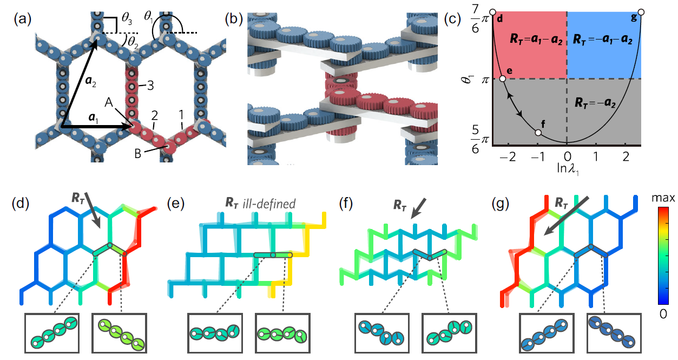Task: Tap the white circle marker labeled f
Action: point(538,133)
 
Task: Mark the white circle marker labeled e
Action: point(503,79)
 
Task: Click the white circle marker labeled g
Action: point(641,12)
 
